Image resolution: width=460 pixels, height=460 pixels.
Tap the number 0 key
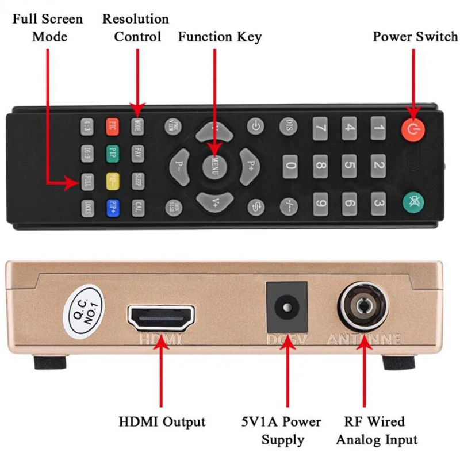[x=291, y=167]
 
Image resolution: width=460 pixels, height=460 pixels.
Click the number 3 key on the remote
[x=378, y=202]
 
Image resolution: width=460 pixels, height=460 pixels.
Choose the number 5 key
[x=349, y=166]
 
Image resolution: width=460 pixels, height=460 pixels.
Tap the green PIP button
[x=113, y=153]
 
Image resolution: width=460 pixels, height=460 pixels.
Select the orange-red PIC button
[x=113, y=125]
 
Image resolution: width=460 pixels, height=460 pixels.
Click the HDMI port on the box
[x=160, y=318]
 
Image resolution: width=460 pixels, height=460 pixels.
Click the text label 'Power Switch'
[x=415, y=37]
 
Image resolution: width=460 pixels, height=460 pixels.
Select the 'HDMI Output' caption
[x=162, y=422]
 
